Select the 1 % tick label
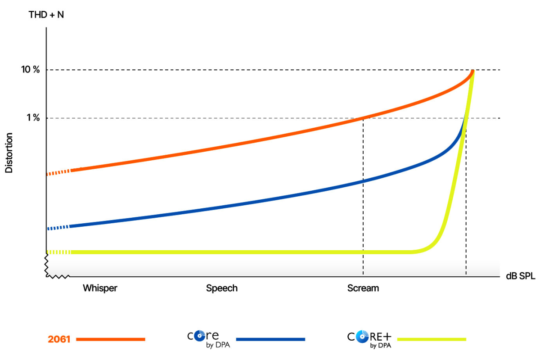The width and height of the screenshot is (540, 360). [33, 118]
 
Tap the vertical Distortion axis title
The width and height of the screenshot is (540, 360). [9, 153]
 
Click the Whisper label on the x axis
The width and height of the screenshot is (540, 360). [100, 288]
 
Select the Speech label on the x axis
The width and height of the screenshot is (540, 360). [222, 288]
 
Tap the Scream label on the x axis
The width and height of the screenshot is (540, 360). [363, 288]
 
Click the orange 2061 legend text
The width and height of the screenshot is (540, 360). [59, 339]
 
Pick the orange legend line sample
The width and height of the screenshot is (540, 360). [111, 339]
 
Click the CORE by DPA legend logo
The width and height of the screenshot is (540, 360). [203, 339]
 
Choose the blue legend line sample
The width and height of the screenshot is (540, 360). [270, 339]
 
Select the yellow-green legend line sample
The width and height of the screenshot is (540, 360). [432, 339]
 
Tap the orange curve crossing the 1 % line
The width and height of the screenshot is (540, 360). [363, 118]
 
